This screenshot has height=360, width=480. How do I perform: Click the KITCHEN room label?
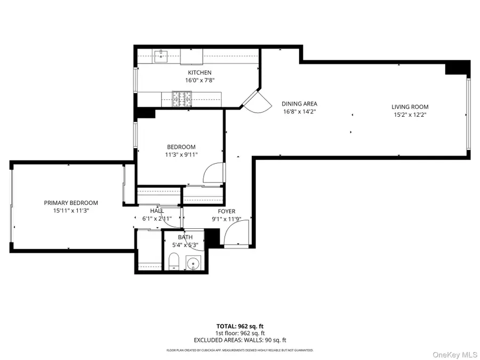pyautogui.click(x=199, y=73)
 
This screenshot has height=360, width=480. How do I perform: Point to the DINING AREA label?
pyautogui.click(x=300, y=104)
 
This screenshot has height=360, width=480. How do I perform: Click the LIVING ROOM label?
pyautogui.click(x=410, y=107)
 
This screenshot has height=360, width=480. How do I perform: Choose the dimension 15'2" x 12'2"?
pyautogui.click(x=410, y=115)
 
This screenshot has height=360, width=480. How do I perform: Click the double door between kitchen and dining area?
pyautogui.click(x=251, y=100)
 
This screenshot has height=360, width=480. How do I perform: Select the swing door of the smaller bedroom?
pyautogui.click(x=214, y=172)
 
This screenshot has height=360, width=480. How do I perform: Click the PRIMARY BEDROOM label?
pyautogui.click(x=71, y=203)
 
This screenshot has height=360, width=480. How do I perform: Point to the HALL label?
pyautogui.click(x=157, y=211)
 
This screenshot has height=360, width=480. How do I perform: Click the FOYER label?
pyautogui.click(x=227, y=211)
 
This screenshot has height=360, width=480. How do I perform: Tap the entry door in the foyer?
pyautogui.click(x=236, y=235)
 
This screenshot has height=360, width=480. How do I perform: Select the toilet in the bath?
pyautogui.click(x=173, y=261)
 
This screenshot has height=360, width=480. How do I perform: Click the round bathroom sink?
pyautogui.click(x=193, y=262)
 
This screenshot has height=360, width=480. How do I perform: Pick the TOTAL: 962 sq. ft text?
pyautogui.click(x=239, y=326)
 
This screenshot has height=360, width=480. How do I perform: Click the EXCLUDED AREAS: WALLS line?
pyautogui.click(x=239, y=339)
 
